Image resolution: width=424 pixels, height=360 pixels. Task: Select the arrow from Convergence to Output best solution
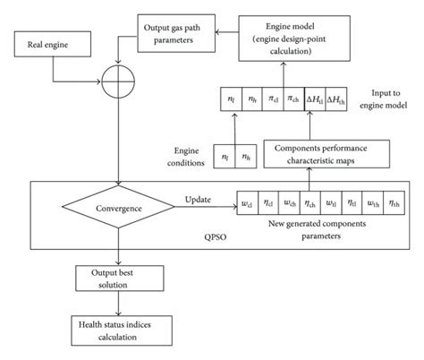pos(119,249)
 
